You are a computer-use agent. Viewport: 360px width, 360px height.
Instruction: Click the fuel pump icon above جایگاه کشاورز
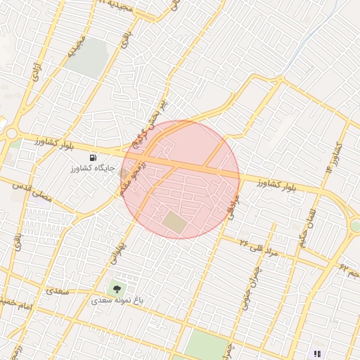94,156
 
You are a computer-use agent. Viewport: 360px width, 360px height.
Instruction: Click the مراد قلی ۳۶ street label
259,247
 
